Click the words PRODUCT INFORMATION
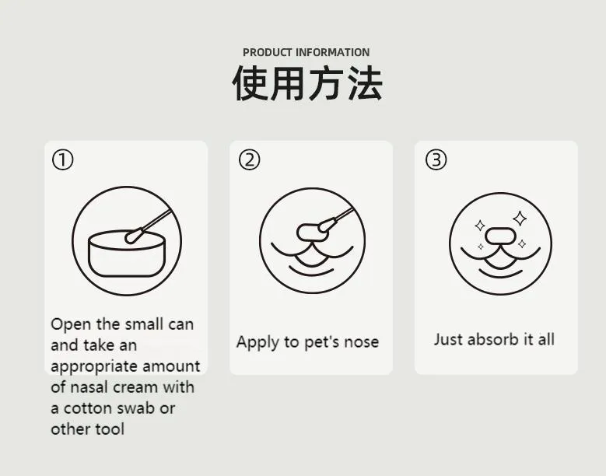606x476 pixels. click(x=306, y=52)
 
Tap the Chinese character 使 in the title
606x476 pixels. click(x=250, y=84)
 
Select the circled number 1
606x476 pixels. click(x=62, y=160)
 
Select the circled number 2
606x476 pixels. click(x=249, y=160)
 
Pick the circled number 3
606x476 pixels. click(x=436, y=160)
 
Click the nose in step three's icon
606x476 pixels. click(x=498, y=233)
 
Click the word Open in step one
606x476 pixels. click(x=71, y=324)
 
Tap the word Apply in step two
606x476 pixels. click(x=256, y=342)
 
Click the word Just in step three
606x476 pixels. click(x=447, y=339)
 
